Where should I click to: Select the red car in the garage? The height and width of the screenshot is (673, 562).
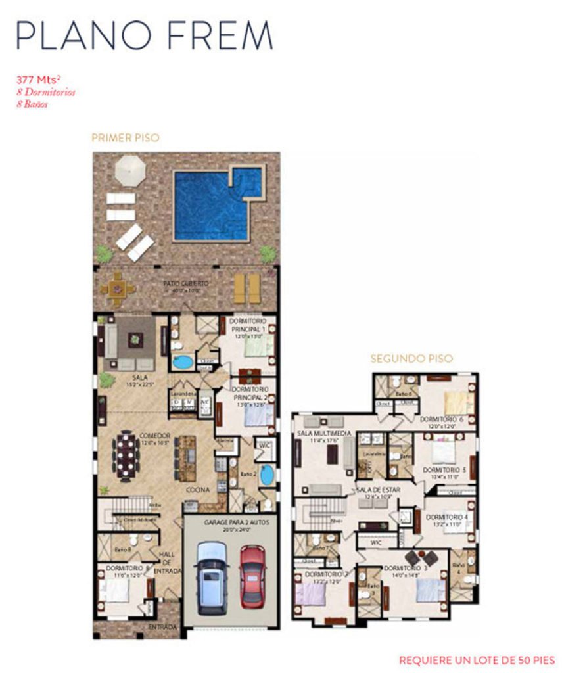pos(252,575)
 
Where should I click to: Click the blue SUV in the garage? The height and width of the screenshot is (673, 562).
pos(212,576)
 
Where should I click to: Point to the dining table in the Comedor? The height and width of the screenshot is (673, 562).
pos(126,456)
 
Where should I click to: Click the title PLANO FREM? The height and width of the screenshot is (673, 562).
pos(144,35)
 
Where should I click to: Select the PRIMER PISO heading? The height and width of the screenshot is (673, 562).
pos(125,138)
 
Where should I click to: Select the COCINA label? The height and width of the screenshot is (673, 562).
pos(197,490)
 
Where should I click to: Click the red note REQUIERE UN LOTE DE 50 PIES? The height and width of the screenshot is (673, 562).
pos(477,660)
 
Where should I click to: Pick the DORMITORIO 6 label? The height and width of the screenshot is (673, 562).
pos(442,419)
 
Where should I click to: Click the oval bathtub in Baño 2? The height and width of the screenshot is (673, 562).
pos(267,475)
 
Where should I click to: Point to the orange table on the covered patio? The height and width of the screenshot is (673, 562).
pos(118,289)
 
